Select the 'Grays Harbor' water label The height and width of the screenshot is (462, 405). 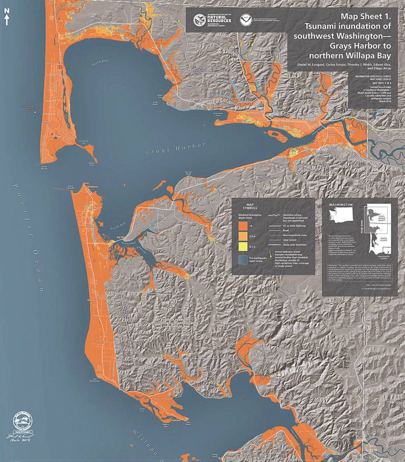click(176, 149)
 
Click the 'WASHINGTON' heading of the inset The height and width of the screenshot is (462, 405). click(340, 205)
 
